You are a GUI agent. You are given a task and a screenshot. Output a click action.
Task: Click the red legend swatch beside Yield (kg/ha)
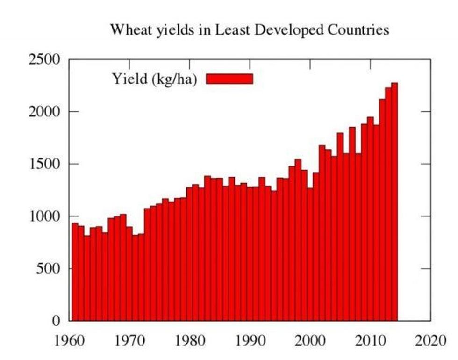pyautogui.click(x=229, y=79)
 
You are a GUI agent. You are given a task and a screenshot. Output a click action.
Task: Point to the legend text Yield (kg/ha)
pyautogui.click(x=154, y=79)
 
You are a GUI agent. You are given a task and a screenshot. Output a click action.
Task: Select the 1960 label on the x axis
pyautogui.click(x=70, y=340)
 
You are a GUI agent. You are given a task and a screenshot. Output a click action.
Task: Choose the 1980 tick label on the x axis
pyautogui.click(x=190, y=340)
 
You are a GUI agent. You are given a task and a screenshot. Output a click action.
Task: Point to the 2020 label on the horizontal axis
pyautogui.click(x=430, y=340)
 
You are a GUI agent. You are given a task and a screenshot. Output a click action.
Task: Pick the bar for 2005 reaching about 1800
pyautogui.click(x=340, y=229)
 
